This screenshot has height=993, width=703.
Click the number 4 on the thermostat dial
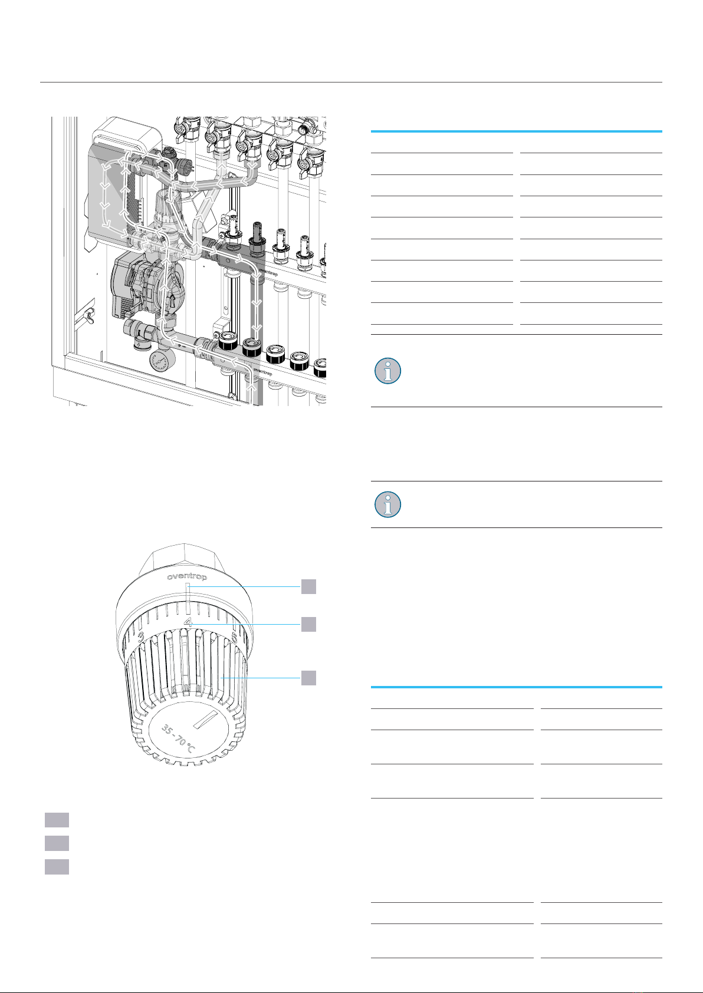(188, 622)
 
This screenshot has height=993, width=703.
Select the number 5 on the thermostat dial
(235, 637)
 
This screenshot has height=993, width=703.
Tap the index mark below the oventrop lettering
(186, 592)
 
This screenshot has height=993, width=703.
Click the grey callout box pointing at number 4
(308, 624)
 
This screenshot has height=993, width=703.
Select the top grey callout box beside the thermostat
(308, 586)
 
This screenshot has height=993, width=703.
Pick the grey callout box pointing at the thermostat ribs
(308, 678)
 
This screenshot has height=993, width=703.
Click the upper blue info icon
(387, 371)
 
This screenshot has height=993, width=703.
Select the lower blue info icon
(387, 504)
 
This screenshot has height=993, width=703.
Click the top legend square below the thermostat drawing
(57, 820)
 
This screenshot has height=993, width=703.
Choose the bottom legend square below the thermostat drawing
(57, 866)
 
